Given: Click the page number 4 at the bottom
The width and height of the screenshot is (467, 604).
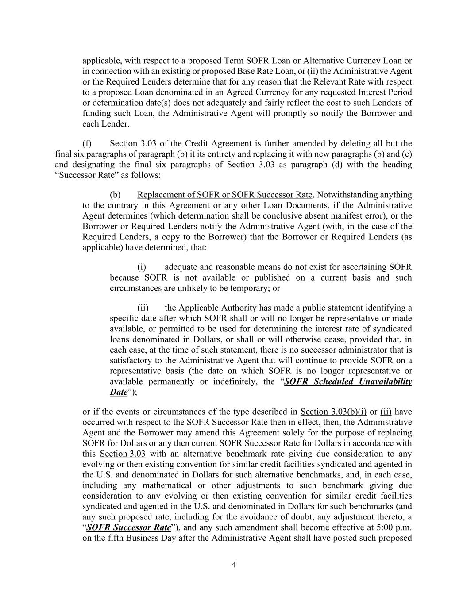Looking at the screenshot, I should (233, 565).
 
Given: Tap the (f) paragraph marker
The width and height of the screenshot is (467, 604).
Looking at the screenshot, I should (87, 143).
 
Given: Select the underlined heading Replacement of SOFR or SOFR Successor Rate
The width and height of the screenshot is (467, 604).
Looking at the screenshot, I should (225, 195).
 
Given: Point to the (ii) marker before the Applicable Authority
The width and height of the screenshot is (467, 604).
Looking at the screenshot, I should (143, 308).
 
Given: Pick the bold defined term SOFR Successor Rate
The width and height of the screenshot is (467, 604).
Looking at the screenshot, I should (129, 527).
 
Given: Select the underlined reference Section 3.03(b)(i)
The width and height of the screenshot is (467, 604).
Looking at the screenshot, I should (333, 412).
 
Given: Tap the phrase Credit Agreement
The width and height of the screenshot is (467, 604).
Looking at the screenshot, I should (215, 143).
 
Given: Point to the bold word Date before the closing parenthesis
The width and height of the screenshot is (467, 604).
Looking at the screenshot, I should (119, 392).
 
